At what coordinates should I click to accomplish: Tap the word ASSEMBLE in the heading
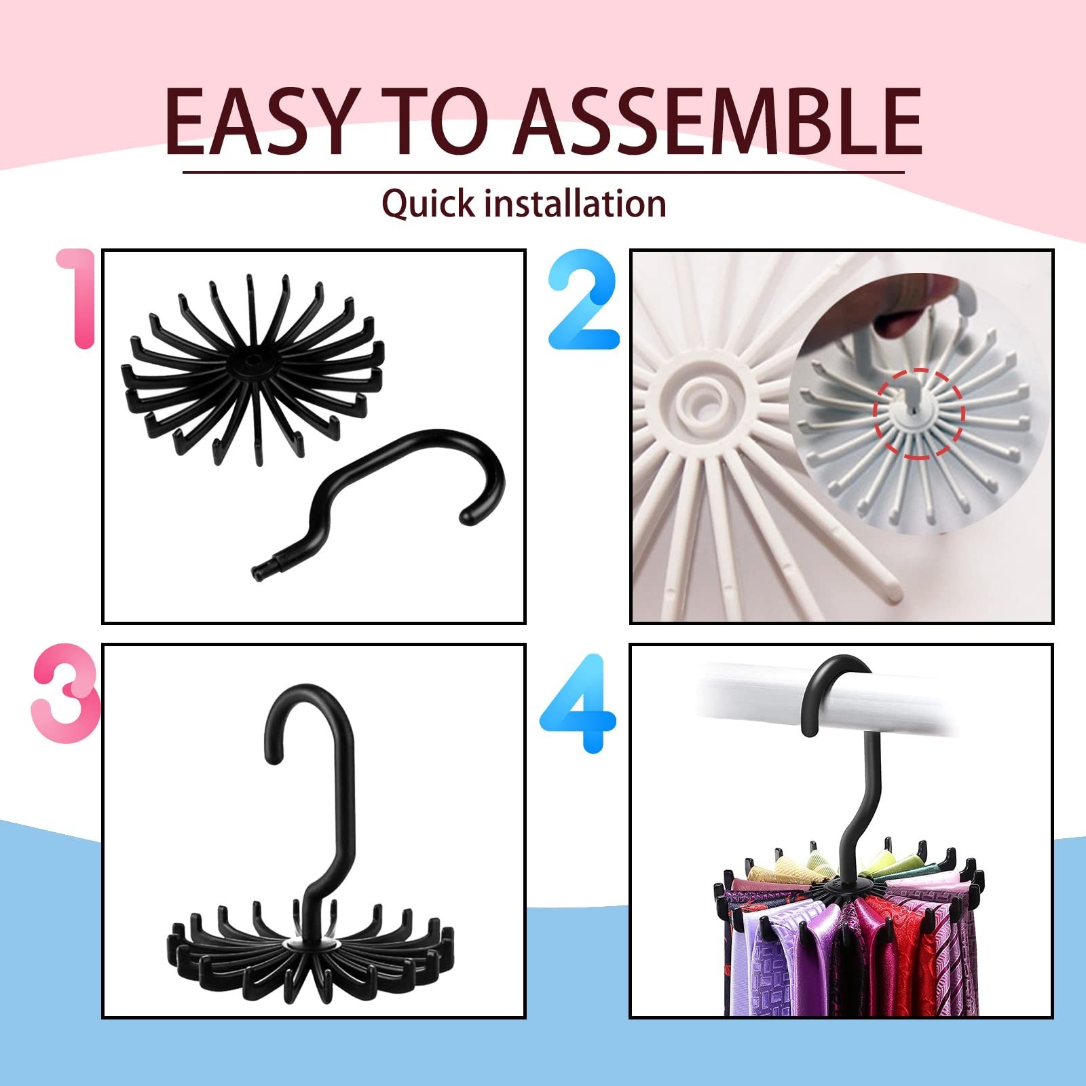(717, 121)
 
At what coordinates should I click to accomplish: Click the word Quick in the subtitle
(428, 203)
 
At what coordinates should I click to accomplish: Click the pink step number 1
(76, 299)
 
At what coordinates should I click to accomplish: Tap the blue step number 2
(584, 303)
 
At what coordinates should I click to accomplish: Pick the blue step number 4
(578, 703)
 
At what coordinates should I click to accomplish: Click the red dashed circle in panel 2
(918, 413)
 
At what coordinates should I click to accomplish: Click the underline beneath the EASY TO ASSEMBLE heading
(543, 172)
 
